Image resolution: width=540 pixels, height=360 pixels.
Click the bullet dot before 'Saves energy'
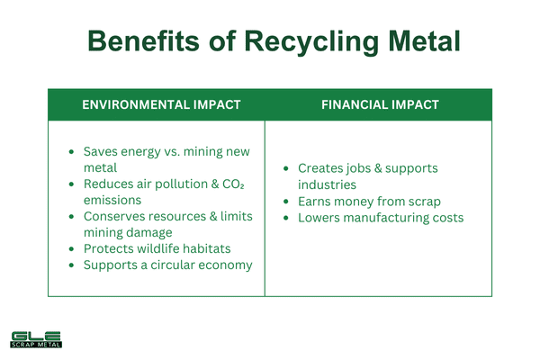(x=72, y=152)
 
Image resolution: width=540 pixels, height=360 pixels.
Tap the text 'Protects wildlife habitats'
(x=158, y=249)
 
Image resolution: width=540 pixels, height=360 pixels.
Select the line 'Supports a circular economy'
(x=167, y=265)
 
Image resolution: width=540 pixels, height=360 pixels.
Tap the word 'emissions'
(x=112, y=201)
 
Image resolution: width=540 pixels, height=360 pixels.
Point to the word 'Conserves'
(x=113, y=217)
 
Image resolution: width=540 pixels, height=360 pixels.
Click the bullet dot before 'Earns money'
(x=286, y=202)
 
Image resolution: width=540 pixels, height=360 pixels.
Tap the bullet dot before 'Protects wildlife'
(x=72, y=249)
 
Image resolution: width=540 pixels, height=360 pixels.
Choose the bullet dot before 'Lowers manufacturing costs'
(x=286, y=219)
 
